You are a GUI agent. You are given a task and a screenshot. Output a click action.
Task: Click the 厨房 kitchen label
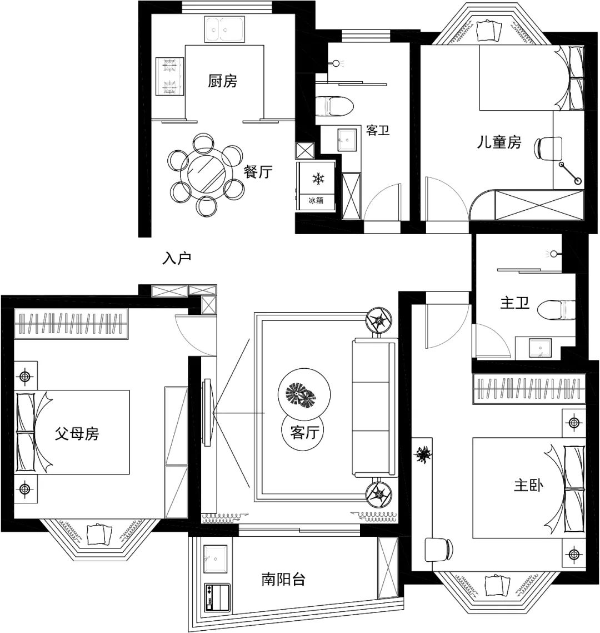pos(223,82)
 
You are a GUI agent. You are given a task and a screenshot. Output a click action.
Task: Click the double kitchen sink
pos(227,29)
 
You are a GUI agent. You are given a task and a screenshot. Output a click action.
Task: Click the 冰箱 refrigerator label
pos(316,200)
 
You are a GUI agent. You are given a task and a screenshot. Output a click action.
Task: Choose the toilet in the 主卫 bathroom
pos(558,309)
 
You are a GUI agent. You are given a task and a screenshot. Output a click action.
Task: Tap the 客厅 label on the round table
pos(306,433)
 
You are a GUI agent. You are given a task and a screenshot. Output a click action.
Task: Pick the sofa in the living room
pos(374,409)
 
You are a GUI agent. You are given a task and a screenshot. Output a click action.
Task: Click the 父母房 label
pos(77,434)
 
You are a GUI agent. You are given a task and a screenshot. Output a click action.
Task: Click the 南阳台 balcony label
pos(283,580)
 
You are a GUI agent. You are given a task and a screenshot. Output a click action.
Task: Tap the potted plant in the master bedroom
pos(424,455)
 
